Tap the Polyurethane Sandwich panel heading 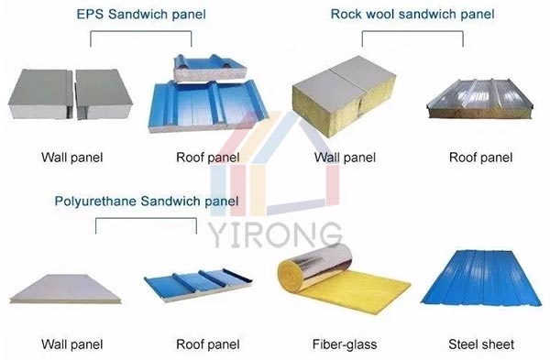pos(147,201)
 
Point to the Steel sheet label pos(480,344)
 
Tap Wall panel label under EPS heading pos(72,157)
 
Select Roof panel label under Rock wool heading pos(480,157)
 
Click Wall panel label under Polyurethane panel pos(72,344)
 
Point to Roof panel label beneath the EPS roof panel pos(208,157)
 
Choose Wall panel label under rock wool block pos(345,157)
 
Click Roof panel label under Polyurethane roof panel pos(208,344)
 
